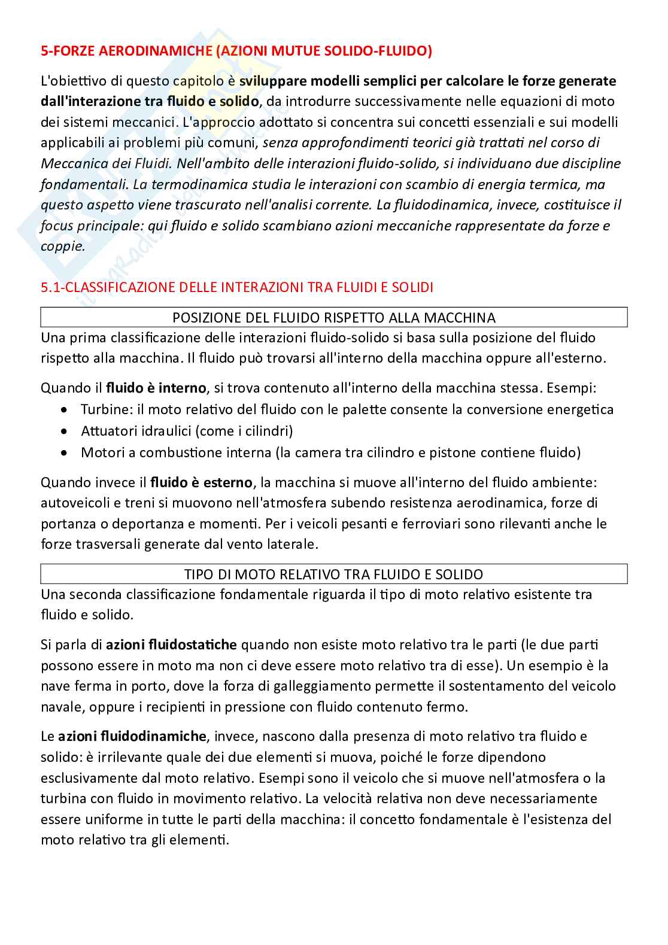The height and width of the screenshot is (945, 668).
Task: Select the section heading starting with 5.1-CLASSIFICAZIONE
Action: [x=236, y=287]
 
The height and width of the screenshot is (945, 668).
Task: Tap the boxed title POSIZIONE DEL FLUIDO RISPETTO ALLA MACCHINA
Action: [x=334, y=317]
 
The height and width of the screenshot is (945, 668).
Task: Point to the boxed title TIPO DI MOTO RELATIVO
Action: [x=334, y=575]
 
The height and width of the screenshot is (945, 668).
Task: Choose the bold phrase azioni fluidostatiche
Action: [x=172, y=645]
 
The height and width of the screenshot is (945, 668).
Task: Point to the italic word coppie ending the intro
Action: [x=62, y=246]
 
